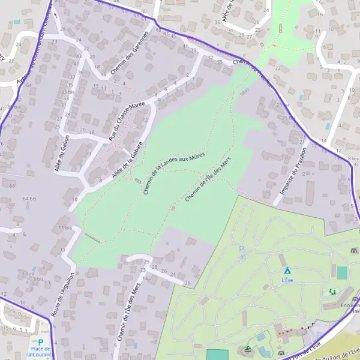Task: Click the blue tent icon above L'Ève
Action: click(x=287, y=271)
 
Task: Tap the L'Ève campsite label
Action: click(x=287, y=280)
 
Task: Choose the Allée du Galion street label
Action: click(x=62, y=154)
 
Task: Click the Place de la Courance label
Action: click(x=41, y=352)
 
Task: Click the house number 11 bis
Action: click(x=65, y=228)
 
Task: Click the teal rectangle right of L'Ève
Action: click(x=342, y=273)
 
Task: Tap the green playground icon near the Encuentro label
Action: click(x=332, y=292)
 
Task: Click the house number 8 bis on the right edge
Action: click(x=353, y=158)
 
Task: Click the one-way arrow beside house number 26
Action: click(x=55, y=16)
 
